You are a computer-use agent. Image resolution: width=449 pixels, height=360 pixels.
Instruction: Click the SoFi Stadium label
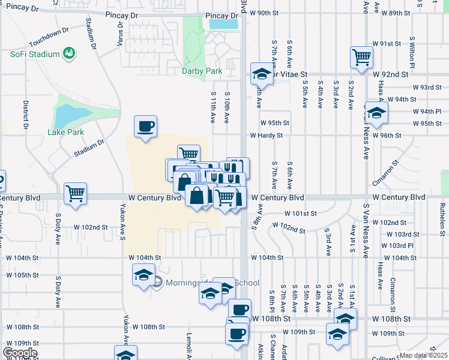click(x=35, y=54)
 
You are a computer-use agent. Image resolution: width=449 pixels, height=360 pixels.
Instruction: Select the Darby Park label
click(x=202, y=71)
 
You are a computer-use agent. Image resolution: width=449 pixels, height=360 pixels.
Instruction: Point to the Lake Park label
click(x=67, y=132)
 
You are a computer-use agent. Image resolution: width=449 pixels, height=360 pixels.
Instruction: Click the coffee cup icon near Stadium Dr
click(x=145, y=127)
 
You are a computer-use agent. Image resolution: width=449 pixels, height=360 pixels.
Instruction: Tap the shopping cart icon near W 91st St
click(x=362, y=58)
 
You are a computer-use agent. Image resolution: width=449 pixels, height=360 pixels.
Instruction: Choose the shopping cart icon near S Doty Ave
click(x=76, y=194)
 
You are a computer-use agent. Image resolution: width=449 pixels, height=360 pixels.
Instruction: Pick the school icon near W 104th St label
click(x=143, y=275)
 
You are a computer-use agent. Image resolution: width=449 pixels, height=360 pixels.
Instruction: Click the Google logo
click(x=20, y=353)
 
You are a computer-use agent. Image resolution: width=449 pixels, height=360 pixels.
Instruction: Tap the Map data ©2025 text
click(x=423, y=355)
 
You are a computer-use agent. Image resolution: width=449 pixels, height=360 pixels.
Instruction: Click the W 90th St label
click(x=267, y=13)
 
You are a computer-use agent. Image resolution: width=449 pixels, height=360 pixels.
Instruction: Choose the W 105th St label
click(x=22, y=275)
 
